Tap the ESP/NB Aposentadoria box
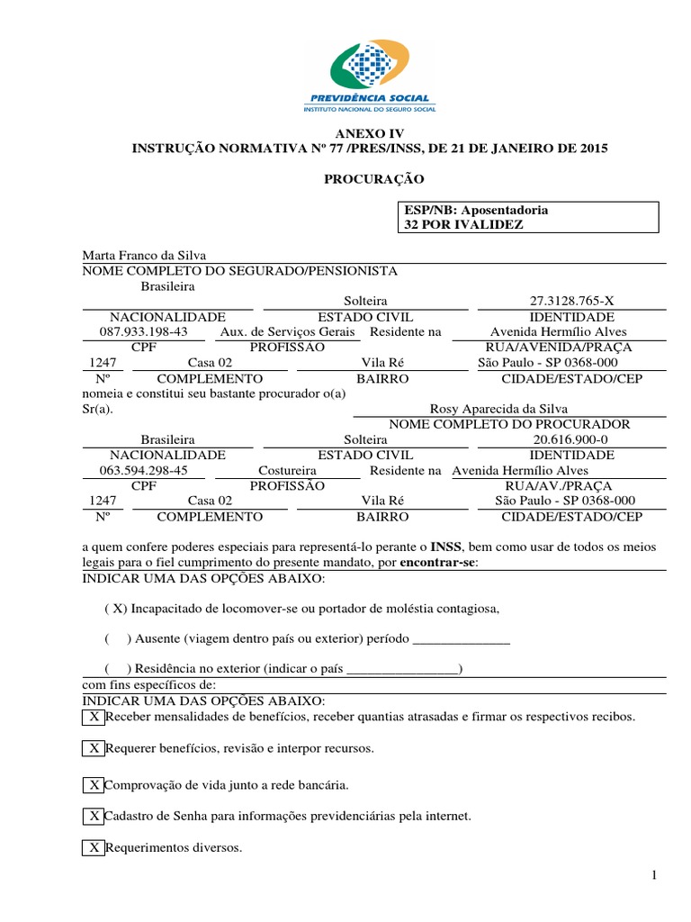click(530, 217)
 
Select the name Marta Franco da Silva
click(145, 256)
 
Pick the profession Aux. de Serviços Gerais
click(289, 331)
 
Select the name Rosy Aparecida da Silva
click(499, 408)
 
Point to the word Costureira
click(287, 470)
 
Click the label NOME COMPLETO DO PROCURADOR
click(508, 424)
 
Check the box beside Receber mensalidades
click(94, 717)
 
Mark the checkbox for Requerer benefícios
click(94, 748)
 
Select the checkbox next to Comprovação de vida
click(94, 784)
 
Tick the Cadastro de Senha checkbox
click(94, 816)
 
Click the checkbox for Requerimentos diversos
click(94, 847)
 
